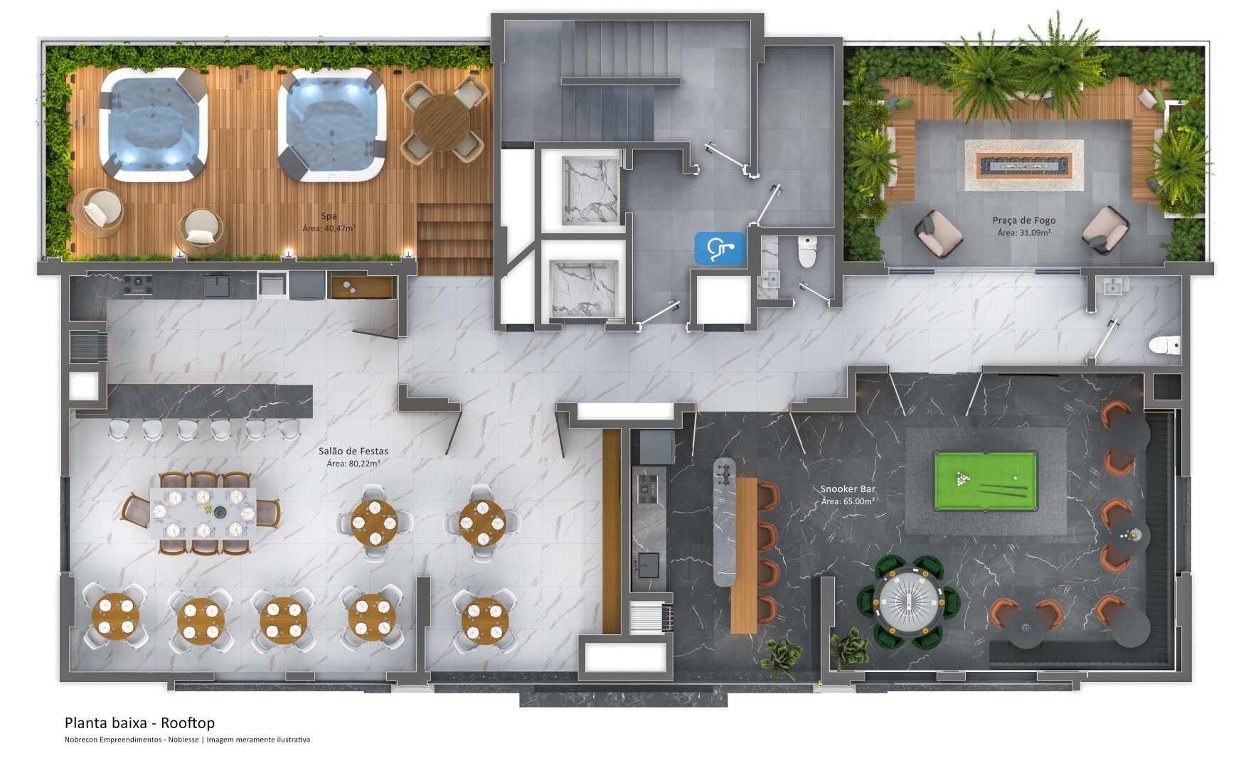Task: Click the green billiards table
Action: pyautogui.click(x=985, y=481)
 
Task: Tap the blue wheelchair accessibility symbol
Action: pyautogui.click(x=720, y=248)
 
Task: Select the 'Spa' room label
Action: pyautogui.click(x=329, y=216)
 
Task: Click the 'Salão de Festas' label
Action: pyautogui.click(x=353, y=451)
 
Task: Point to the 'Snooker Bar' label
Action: pyautogui.click(x=848, y=489)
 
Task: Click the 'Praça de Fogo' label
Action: pyautogui.click(x=1024, y=220)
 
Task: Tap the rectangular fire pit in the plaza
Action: pyautogui.click(x=1024, y=165)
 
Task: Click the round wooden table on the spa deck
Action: pyautogui.click(x=441, y=122)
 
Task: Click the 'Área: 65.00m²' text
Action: pyautogui.click(x=848, y=501)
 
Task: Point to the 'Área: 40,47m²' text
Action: pyautogui.click(x=329, y=229)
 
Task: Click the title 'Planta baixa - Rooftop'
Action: pyautogui.click(x=139, y=723)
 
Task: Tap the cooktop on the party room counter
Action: pyautogui.click(x=137, y=285)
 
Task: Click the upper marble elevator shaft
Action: pyautogui.click(x=590, y=191)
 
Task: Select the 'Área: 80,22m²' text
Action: pyautogui.click(x=353, y=464)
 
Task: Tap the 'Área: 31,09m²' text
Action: pyautogui.click(x=1024, y=233)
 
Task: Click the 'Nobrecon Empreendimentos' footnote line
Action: pyautogui.click(x=187, y=740)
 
